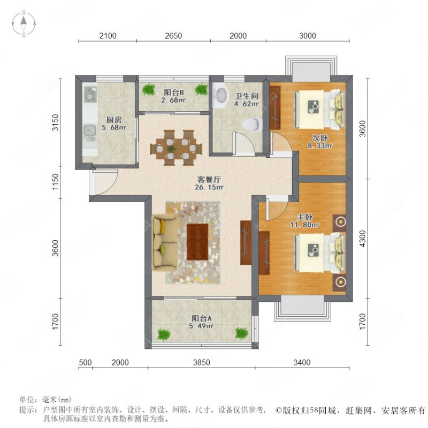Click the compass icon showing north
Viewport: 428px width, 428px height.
point(25,25)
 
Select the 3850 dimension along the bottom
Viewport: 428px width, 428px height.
point(201,363)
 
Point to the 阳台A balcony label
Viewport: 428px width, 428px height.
point(202,318)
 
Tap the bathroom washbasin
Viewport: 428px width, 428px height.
point(220,95)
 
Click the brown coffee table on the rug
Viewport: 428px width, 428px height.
point(197,242)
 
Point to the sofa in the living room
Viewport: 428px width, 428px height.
point(163,242)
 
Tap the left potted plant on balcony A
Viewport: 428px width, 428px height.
point(162,333)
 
